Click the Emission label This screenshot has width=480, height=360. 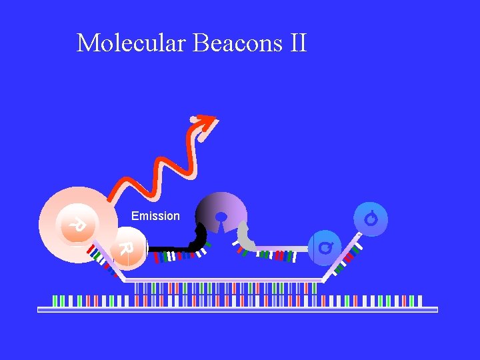pyautogui.click(x=155, y=216)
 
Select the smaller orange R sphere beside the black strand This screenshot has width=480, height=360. pyautogui.click(x=127, y=250)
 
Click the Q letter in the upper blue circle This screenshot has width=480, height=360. pyautogui.click(x=371, y=218)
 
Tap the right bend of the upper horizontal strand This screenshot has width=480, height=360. pyautogui.click(x=323, y=281)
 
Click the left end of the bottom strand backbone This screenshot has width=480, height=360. pyautogui.click(x=39, y=309)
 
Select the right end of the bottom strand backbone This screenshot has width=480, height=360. pyautogui.click(x=436, y=309)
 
